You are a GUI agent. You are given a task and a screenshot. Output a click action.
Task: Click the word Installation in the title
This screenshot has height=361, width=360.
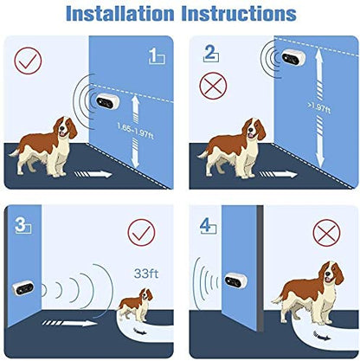click(119, 14)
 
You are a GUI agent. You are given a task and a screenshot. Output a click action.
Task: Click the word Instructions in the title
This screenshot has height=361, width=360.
click(239, 14)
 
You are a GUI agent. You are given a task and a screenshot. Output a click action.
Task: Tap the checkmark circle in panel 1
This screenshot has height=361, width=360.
click(28, 61)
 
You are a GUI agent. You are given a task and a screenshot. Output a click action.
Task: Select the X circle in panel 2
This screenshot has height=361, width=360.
click(213, 86)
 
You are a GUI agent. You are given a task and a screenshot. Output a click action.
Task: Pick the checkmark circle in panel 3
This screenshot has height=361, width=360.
click(141, 233)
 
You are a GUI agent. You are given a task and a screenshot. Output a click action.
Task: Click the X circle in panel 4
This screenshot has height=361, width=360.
click(326, 233)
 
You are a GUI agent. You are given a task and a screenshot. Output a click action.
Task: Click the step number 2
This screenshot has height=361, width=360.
click(210, 53)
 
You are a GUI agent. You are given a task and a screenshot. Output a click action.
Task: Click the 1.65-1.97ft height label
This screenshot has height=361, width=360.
click(135, 131)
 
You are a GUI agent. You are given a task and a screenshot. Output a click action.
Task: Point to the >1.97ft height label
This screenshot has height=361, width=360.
click(319, 107)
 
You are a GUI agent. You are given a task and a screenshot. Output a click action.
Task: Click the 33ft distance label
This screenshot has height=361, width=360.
click(146, 274)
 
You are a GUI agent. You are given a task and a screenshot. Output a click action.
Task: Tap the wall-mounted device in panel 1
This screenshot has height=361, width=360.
click(107, 101)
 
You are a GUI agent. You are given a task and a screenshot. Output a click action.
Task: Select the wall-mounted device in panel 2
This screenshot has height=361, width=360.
click(293, 57)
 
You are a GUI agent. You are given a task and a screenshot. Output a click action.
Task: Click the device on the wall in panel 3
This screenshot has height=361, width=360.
click(23, 287)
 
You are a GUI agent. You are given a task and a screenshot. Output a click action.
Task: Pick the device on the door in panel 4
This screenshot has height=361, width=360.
click(236, 280)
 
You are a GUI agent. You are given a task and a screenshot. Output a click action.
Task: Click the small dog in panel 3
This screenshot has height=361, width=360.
click(135, 305)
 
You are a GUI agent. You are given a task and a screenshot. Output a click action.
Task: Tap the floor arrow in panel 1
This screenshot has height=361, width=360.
click(93, 174)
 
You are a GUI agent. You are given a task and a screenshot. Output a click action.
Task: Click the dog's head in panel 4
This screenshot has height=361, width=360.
click(332, 273)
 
